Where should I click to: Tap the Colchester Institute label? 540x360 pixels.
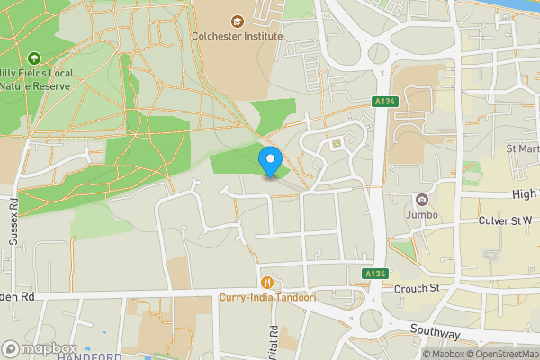click(x=238, y=36)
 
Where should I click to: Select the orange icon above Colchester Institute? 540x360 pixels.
click(x=238, y=21)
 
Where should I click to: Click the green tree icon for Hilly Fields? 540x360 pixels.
click(x=34, y=58)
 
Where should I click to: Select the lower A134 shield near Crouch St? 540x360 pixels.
click(x=375, y=273)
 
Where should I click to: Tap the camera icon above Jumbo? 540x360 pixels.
click(x=420, y=200)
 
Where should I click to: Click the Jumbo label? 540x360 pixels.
click(x=421, y=216)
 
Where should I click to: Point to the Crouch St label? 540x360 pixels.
click(x=416, y=288)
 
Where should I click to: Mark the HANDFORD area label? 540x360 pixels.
click(x=89, y=356)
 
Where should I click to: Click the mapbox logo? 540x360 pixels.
click(x=40, y=348)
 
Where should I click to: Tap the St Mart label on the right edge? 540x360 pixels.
click(x=521, y=148)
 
